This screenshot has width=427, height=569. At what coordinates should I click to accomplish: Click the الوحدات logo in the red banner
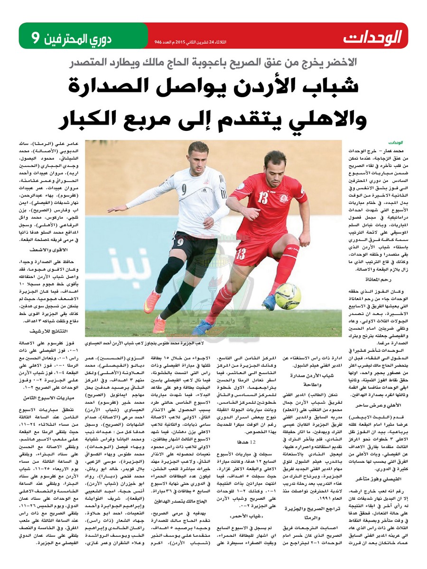coord(373,37)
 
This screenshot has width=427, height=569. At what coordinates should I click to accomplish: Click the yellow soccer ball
coord(288,296)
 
